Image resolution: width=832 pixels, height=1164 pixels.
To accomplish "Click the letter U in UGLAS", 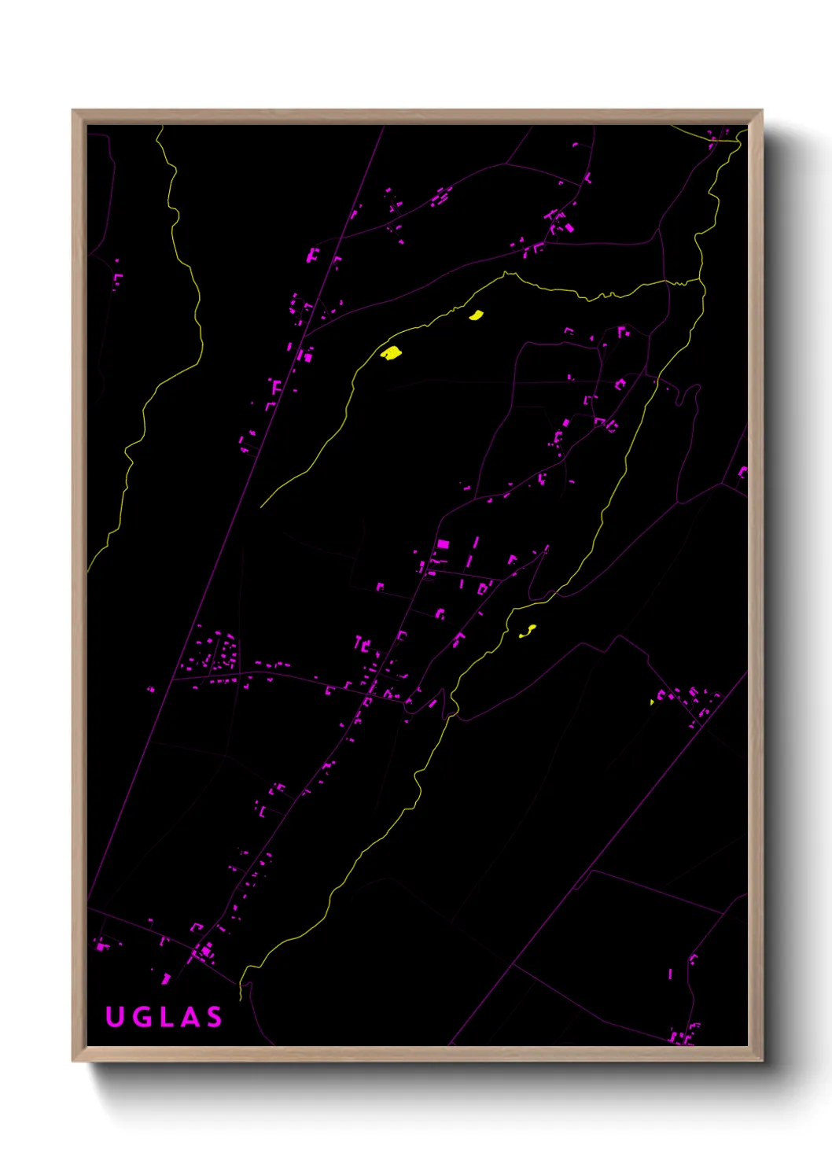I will [x=115, y=1017].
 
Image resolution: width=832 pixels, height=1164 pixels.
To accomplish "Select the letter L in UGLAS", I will [x=167, y=1017].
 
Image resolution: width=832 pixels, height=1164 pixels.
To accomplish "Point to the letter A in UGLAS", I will [x=190, y=1017].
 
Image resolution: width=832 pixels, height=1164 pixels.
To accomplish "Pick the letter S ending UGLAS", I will [x=214, y=1017].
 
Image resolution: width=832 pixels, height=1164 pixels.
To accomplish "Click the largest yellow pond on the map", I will [x=391, y=353].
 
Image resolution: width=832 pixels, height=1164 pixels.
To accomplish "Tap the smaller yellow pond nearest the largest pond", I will [x=476, y=315].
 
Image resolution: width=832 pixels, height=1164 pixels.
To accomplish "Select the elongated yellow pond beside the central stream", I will [x=528, y=630].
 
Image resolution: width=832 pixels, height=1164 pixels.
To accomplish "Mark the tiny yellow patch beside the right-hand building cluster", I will [x=652, y=702].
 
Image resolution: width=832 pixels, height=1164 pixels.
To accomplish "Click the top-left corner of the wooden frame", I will [x=73, y=111].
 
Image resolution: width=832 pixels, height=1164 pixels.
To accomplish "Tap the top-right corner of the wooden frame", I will [x=762, y=111].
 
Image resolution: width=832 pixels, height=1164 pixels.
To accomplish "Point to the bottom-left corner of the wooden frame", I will [x=73, y=1060].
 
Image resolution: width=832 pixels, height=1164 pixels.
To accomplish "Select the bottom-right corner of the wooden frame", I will [x=762, y=1060].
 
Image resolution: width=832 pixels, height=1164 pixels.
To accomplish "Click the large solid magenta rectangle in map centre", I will [x=443, y=543].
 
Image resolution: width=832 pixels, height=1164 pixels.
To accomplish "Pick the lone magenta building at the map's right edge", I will [x=742, y=472].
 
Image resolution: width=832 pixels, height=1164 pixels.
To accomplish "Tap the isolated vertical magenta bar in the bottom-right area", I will [x=670, y=974].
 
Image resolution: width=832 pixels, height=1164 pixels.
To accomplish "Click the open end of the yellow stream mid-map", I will [x=261, y=506].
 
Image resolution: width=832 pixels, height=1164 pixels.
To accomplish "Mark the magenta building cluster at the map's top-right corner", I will [x=714, y=139].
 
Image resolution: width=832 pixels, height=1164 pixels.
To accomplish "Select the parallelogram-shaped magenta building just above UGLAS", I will [x=166, y=978].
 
